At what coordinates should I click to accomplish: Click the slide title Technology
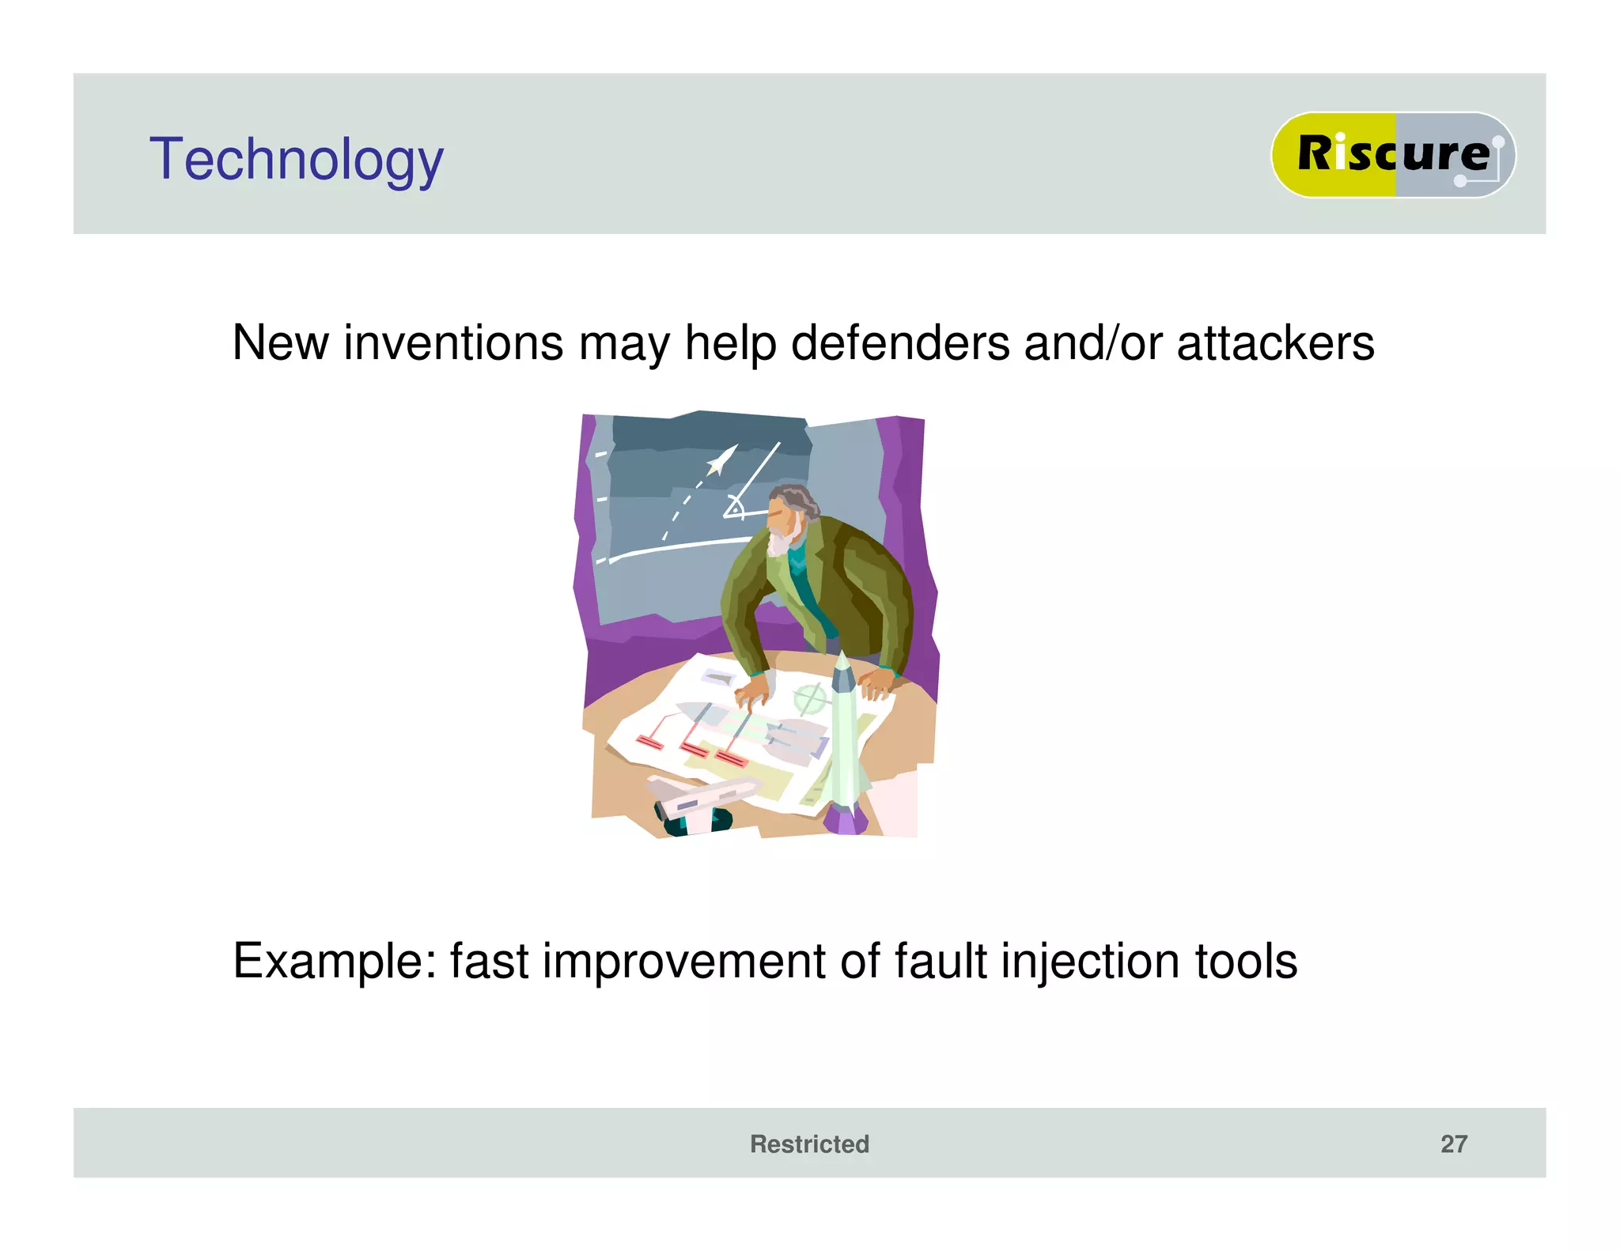296,160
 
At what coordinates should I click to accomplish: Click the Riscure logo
1392,154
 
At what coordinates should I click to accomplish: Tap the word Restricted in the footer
808,1143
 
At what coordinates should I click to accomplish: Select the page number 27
1453,1143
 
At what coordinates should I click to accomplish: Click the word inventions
452,343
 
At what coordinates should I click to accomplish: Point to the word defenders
900,343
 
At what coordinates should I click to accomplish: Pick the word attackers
1275,343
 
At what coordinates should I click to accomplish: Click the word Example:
335,962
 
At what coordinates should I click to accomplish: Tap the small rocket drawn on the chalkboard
721,460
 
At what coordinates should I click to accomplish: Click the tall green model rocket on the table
843,735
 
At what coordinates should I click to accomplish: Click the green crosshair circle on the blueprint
809,698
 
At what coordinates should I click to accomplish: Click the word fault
940,962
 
